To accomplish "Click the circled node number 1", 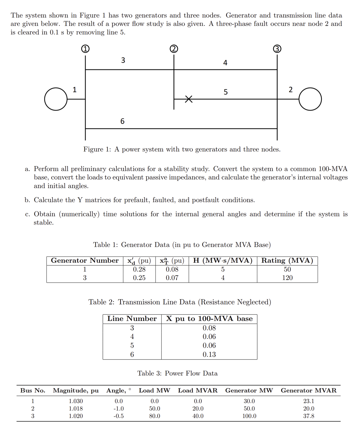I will (85, 49).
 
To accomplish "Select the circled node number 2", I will (174, 49).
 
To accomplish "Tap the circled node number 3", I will (277, 49).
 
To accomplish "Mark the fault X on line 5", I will (189, 99).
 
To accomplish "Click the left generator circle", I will (56, 99).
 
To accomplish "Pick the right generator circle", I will (310, 99).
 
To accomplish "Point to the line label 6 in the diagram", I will (122, 121).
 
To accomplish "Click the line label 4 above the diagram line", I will (225, 63).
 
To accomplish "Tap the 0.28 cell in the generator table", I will (139, 269).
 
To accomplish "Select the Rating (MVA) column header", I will (287, 261).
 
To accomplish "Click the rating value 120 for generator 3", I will (287, 278).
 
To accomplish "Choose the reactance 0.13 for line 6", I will (209, 355).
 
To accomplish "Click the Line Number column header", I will (132, 319).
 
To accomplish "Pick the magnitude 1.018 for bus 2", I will (76, 409).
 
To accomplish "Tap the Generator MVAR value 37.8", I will (308, 416).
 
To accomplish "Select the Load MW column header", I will (154, 390).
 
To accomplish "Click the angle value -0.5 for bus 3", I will (118, 416).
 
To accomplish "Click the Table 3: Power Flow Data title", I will (177, 373).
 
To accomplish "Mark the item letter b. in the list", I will (27, 200).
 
